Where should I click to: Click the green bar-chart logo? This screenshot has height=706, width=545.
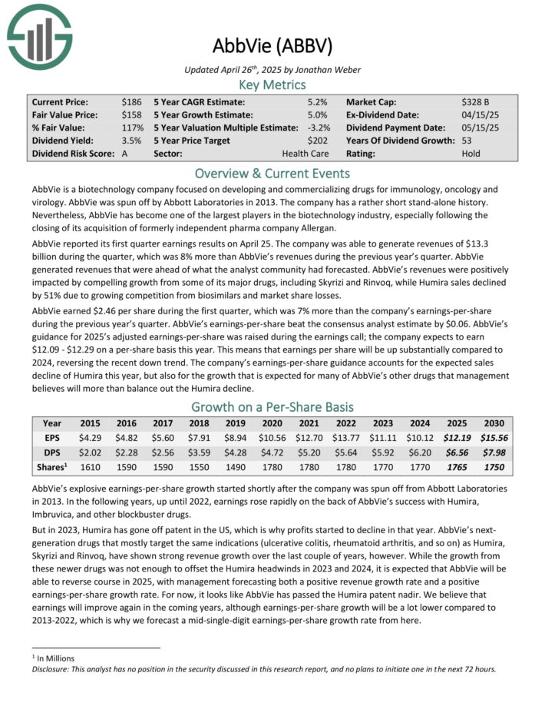click(x=39, y=36)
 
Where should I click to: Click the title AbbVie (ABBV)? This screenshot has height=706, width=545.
click(x=272, y=46)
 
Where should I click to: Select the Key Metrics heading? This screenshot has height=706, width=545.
click(x=272, y=85)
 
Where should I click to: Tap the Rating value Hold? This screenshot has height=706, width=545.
click(x=471, y=154)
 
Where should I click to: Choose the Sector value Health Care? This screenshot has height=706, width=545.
click(x=305, y=154)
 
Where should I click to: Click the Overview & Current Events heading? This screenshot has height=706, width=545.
click(x=272, y=173)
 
